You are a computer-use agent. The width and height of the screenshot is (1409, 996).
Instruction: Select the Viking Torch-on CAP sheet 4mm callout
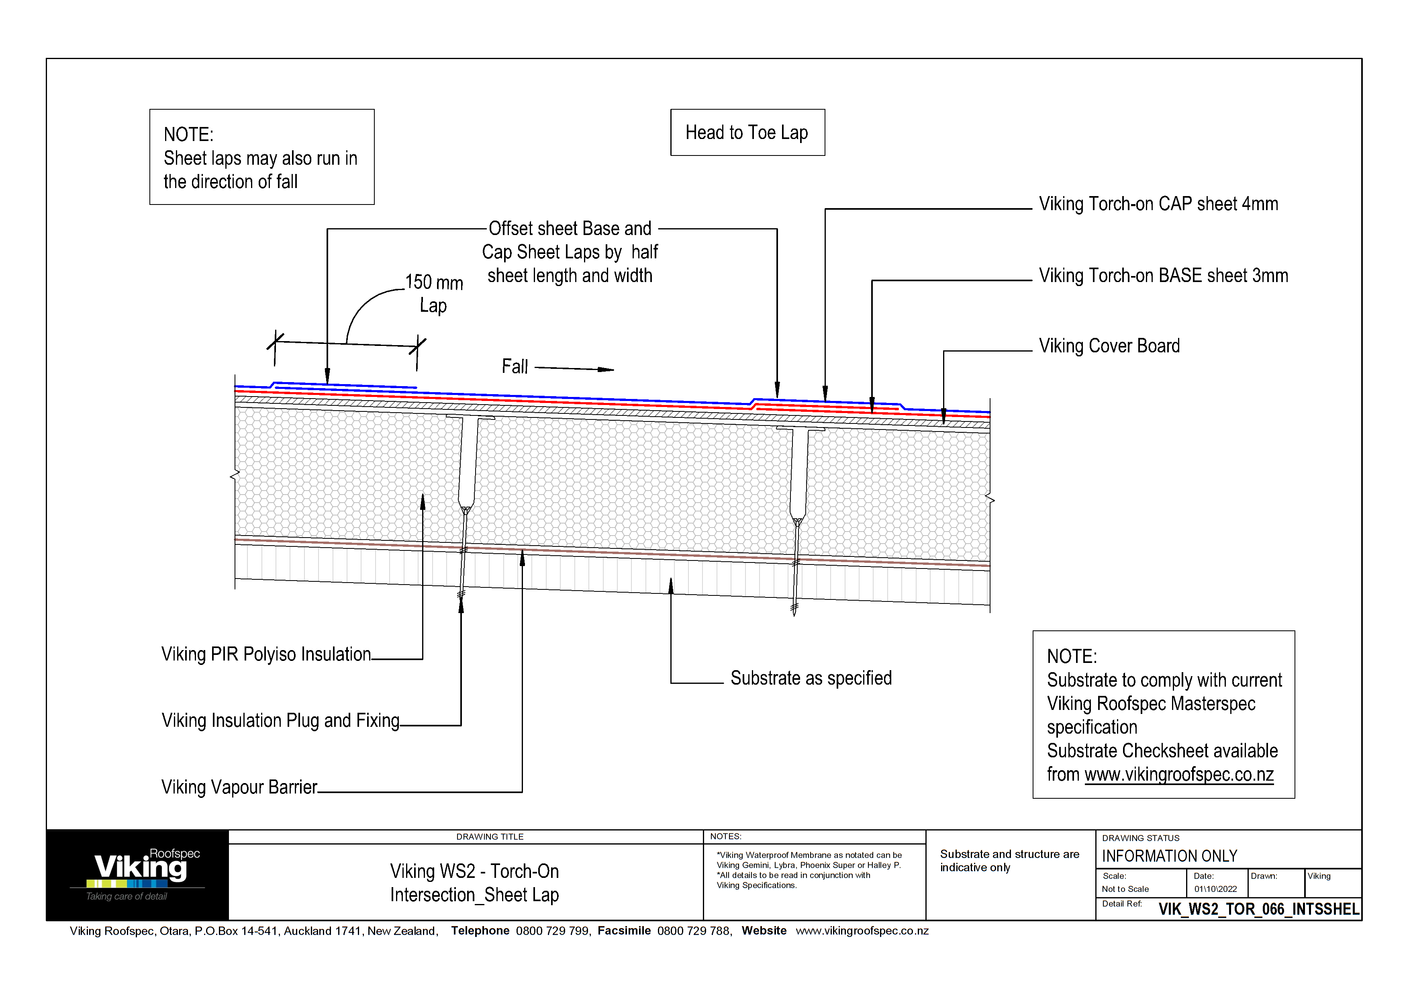coord(1158,204)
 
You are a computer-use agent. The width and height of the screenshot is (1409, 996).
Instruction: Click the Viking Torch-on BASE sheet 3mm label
coord(1163,276)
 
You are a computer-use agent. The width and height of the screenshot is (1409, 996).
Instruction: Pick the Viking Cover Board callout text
coord(1109,346)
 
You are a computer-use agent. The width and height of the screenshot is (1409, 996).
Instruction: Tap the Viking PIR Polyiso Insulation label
coord(266,654)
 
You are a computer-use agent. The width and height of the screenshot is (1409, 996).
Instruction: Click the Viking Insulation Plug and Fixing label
coord(280,720)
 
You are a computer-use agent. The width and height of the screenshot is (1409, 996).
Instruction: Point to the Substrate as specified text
coord(811,678)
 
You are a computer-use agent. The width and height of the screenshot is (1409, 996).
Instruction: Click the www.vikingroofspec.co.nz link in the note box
coord(1179,775)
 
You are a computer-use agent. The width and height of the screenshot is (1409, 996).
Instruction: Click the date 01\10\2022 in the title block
coord(1215,889)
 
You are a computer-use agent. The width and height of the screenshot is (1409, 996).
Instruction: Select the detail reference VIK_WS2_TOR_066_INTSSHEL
coord(1258,909)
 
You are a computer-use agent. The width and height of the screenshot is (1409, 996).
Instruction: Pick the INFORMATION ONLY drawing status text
coord(1169,856)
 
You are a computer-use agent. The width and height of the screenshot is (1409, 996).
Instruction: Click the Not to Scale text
coord(1125,889)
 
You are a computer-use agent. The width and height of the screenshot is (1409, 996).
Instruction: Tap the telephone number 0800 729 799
coord(552,931)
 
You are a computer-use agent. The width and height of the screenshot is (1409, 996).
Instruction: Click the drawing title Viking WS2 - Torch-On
coord(474,871)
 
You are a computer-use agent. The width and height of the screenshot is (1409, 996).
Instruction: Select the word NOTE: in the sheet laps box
coord(188,135)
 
